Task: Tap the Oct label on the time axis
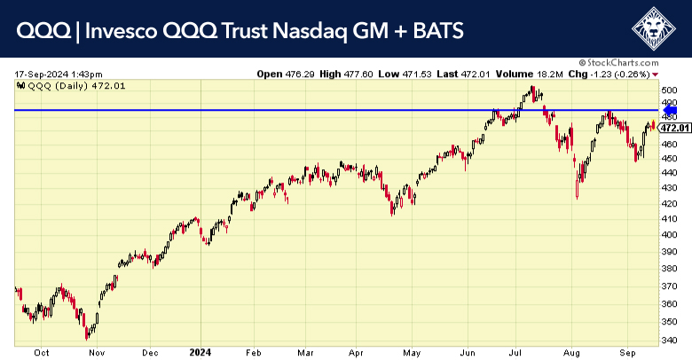41,351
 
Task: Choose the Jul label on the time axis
514,351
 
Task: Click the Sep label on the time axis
626,351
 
